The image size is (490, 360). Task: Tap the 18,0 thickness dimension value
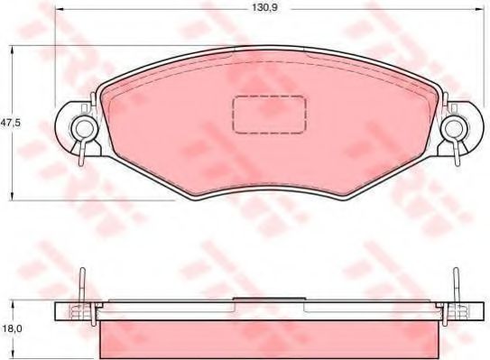11,331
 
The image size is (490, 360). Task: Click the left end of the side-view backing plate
60,311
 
